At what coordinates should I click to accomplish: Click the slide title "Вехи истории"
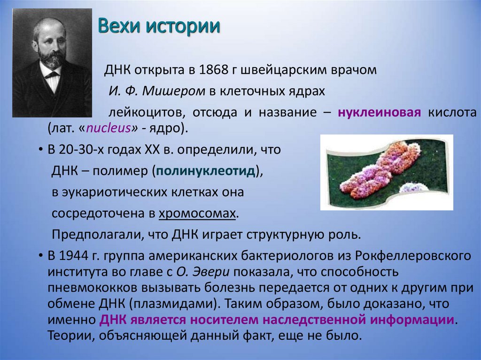click(x=159, y=26)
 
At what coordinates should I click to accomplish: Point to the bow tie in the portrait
click(x=52, y=74)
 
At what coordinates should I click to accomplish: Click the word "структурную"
click(x=285, y=235)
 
